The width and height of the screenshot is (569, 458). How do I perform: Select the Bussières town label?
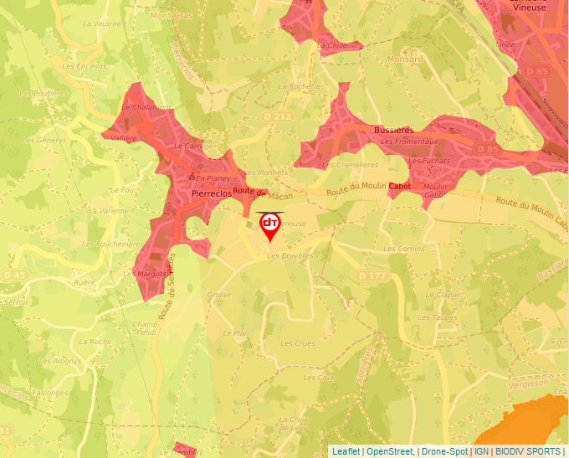click(x=393, y=131)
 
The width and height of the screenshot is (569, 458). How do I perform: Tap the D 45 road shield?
click(x=14, y=275)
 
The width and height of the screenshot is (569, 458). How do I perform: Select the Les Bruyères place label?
click(x=290, y=255)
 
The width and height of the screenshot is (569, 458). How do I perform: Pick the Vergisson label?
click(x=528, y=383)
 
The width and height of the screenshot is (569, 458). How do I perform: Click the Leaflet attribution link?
click(x=345, y=451)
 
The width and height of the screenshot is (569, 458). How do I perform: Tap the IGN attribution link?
click(x=482, y=451)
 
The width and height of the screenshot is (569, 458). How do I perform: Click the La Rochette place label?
click(x=300, y=86)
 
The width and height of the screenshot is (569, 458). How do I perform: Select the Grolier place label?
click(x=218, y=295)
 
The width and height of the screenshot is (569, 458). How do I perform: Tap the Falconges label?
click(x=49, y=392)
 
